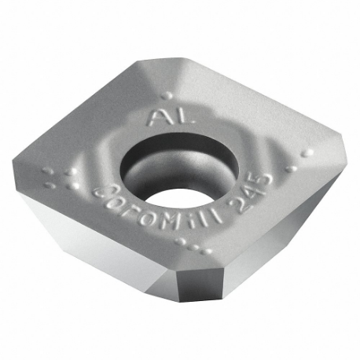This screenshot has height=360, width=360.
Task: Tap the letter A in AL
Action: coord(155,119)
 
